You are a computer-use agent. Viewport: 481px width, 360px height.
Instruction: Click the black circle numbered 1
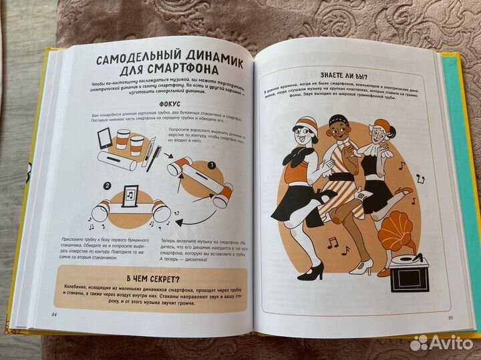(210, 165)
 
